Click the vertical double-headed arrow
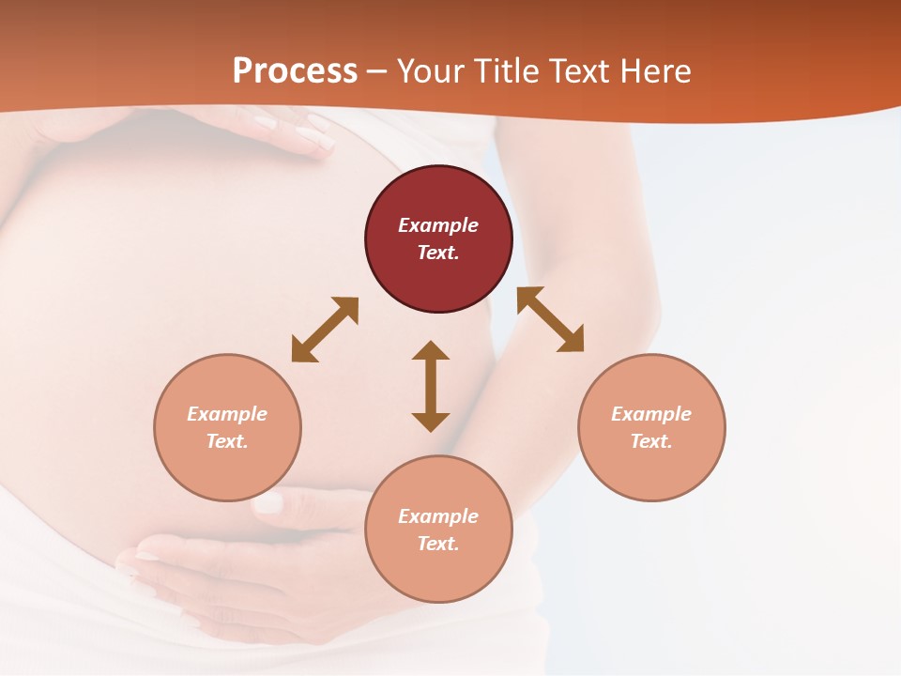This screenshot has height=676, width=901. tap(431, 386)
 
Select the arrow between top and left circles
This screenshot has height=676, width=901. tap(325, 330)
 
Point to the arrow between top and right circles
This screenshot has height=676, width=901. tap(551, 319)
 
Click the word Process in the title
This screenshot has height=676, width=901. tap(295, 71)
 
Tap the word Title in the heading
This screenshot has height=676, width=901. tap(508, 71)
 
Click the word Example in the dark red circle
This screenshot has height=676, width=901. tap(438, 225)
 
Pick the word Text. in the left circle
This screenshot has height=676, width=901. tap(227, 441)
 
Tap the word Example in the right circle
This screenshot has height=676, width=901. tap(651, 414)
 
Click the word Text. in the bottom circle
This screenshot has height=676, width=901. tap(438, 544)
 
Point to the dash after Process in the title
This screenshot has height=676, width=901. tap(377, 72)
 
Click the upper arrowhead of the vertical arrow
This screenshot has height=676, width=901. tap(431, 351)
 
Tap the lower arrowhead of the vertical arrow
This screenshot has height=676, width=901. tap(431, 422)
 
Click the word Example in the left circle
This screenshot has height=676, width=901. tap(227, 414)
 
